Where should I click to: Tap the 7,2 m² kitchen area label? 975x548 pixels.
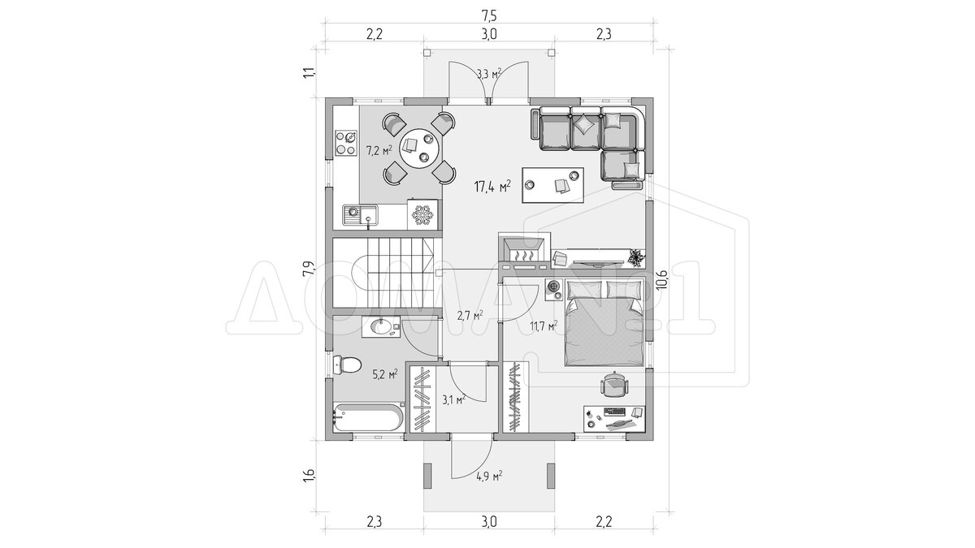pyautogui.click(x=75, y=150)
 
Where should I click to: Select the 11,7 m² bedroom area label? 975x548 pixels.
pyautogui.click(x=544, y=326)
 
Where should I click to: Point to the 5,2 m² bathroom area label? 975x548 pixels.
pyautogui.click(x=80, y=374)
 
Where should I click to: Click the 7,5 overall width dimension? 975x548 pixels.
pyautogui.click(x=489, y=15)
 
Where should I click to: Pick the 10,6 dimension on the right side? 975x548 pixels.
pyautogui.click(x=661, y=279)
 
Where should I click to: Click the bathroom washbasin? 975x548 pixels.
pyautogui.click(x=76, y=326)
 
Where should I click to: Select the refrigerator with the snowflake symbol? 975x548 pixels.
pyautogui.click(x=118, y=214)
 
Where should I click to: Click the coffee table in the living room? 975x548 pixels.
pyautogui.click(x=552, y=185)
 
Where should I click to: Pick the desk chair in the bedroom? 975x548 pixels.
pyautogui.click(x=613, y=386)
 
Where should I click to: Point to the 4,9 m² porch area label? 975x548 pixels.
pyautogui.click(x=489, y=477)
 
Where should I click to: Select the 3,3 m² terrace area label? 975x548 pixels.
pyautogui.click(x=489, y=74)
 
